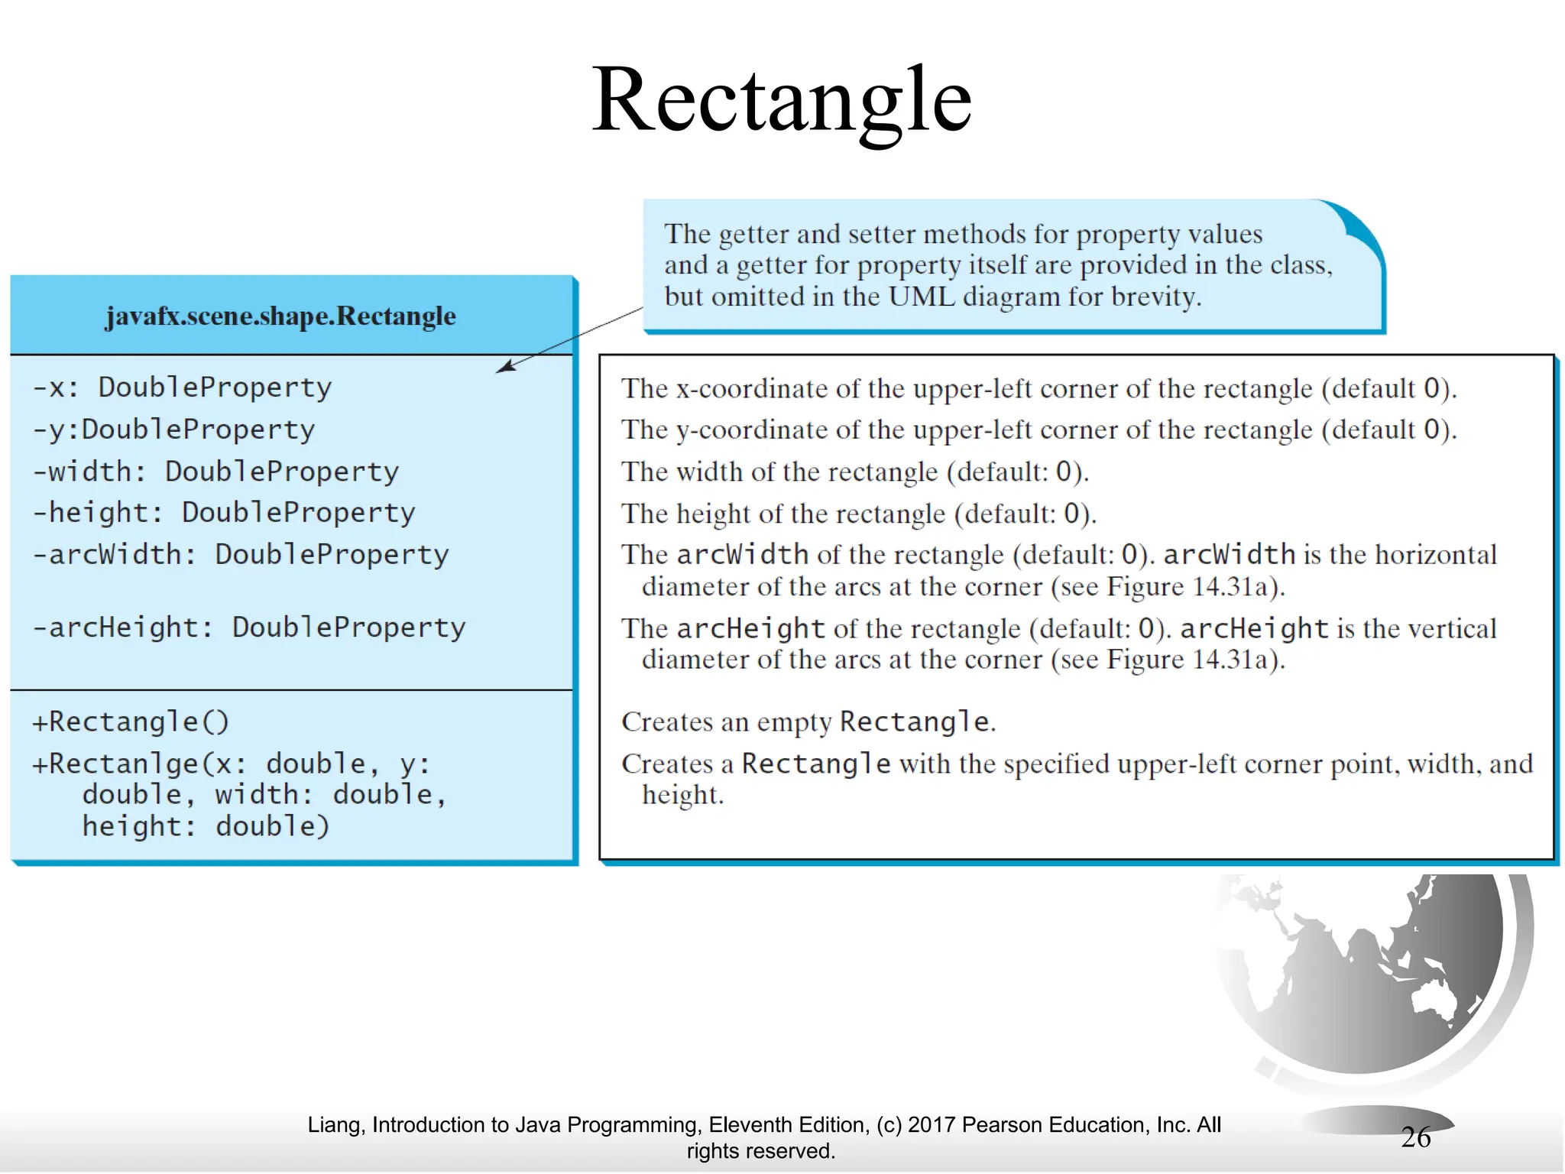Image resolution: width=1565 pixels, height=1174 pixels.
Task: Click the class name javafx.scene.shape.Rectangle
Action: (280, 316)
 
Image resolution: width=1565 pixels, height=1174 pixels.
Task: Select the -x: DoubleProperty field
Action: (182, 388)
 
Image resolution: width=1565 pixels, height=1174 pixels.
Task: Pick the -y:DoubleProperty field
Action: (173, 430)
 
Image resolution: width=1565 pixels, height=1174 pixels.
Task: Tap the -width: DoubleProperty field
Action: (215, 472)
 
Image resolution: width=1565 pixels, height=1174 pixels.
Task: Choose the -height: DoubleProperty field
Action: (224, 513)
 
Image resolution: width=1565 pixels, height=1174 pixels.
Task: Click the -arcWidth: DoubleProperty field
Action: (241, 555)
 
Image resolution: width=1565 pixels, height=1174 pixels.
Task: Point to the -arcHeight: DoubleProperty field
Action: (249, 628)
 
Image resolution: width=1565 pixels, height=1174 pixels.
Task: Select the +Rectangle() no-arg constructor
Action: (131, 722)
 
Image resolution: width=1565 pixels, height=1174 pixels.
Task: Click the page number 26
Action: (1415, 1137)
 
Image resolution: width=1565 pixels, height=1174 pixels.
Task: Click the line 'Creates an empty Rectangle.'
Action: (808, 722)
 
